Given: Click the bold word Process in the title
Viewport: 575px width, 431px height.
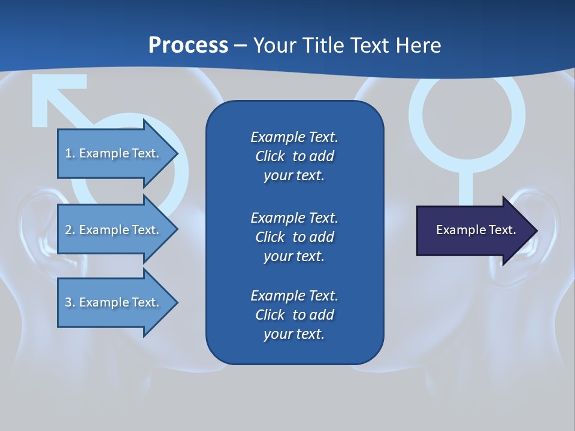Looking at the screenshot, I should pos(188,45).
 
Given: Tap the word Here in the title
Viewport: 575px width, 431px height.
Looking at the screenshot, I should pos(419,45).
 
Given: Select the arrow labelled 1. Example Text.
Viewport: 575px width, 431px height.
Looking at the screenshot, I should pos(114,153).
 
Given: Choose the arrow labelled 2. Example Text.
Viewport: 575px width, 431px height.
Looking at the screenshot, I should pos(114,230).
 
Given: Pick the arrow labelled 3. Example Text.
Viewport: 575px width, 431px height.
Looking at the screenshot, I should pos(114,302).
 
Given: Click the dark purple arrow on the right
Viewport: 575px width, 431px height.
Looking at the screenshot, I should pos(473,230).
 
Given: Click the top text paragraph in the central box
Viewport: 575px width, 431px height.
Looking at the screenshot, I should pos(294,156).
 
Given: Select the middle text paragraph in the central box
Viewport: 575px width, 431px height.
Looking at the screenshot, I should pos(294,237).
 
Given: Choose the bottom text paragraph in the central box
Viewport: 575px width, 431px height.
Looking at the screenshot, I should pos(294,315).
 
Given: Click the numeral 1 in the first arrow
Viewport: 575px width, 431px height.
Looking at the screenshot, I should pos(68,153).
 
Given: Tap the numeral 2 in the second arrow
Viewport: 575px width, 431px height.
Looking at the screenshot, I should pos(68,230).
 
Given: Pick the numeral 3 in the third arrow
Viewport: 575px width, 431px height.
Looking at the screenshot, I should pos(68,302).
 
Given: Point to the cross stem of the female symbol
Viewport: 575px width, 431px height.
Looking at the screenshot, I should pos(467,186).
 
